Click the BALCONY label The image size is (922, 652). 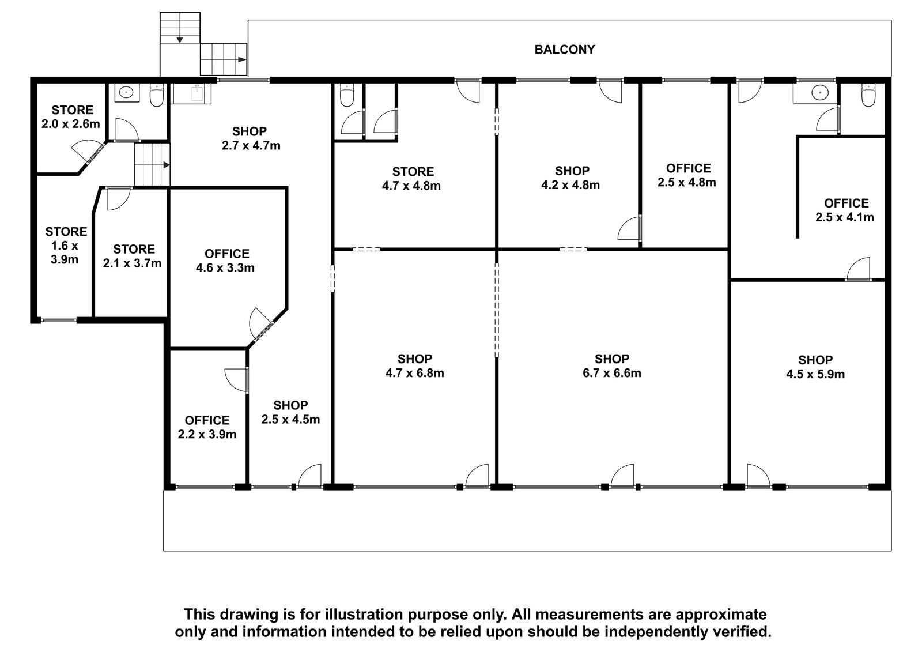[564, 50]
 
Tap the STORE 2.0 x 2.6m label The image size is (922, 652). [71, 116]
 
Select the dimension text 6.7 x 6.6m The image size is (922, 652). [611, 373]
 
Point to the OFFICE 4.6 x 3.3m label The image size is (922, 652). [225, 261]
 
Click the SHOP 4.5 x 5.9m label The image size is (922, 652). [815, 367]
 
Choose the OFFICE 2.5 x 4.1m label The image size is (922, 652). [845, 210]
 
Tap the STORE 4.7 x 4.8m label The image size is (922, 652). [411, 178]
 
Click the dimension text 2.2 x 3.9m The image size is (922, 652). [207, 434]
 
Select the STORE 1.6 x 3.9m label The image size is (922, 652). [66, 246]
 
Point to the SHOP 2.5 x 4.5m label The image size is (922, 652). [290, 412]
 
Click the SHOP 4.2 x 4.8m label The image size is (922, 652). [570, 178]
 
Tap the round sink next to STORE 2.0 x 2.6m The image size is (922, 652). [123, 92]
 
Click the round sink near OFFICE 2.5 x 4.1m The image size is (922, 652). [821, 92]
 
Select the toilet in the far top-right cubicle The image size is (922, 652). [868, 96]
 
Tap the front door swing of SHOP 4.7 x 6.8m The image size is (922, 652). [476, 475]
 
